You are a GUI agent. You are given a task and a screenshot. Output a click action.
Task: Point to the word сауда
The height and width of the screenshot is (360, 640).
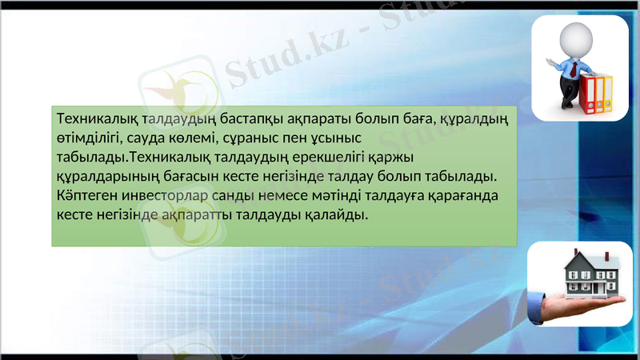pyautogui.click(x=146, y=138)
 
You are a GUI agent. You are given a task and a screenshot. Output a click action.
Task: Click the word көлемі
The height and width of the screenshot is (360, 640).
pyautogui.click(x=194, y=138)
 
